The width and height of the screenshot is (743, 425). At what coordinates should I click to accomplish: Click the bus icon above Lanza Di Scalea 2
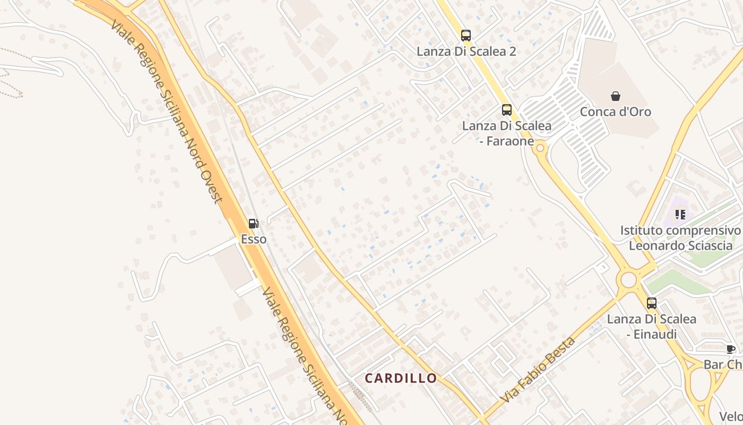pyautogui.click(x=466, y=36)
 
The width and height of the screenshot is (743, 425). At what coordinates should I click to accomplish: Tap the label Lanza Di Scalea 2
pyautogui.click(x=466, y=52)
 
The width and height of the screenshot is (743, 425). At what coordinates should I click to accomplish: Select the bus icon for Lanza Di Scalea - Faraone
pyautogui.click(x=507, y=110)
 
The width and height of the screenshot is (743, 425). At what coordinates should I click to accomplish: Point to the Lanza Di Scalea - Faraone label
pyautogui.click(x=506, y=133)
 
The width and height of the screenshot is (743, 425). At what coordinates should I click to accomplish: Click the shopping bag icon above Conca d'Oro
pyautogui.click(x=616, y=96)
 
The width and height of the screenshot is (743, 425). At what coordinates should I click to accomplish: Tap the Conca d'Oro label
pyautogui.click(x=615, y=112)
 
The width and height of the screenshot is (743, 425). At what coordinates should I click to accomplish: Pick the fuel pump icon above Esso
pyautogui.click(x=254, y=224)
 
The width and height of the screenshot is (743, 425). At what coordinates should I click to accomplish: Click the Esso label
pyautogui.click(x=254, y=239)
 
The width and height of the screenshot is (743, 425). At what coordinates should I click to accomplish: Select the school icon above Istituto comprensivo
pyautogui.click(x=680, y=215)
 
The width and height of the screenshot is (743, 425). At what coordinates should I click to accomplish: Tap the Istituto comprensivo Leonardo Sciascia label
pyautogui.click(x=680, y=237)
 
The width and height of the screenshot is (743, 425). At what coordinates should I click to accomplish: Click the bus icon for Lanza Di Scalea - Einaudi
pyautogui.click(x=652, y=303)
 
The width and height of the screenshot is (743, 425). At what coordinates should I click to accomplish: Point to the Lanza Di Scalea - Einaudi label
pyautogui.click(x=652, y=326)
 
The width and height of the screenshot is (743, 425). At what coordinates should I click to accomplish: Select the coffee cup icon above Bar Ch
pyautogui.click(x=731, y=349)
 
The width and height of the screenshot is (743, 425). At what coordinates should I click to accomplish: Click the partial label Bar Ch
pyautogui.click(x=723, y=364)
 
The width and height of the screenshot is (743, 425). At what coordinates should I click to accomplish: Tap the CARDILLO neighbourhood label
pyautogui.click(x=401, y=378)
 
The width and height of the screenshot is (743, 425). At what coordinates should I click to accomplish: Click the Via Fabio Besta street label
pyautogui.click(x=537, y=370)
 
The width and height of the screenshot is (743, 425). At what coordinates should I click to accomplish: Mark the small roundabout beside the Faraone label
pyautogui.click(x=540, y=148)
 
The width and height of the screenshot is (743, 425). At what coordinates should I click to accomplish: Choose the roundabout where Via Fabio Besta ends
pyautogui.click(x=629, y=279)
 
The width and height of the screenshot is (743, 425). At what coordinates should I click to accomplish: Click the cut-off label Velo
pyautogui.click(x=731, y=416)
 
